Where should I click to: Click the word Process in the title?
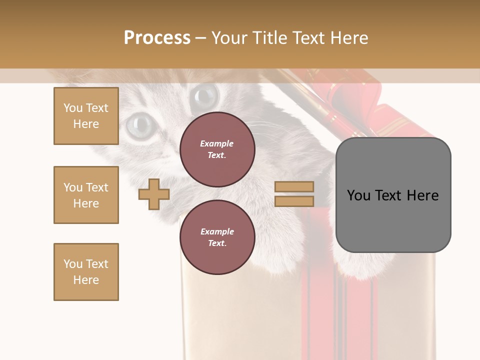click(x=157, y=38)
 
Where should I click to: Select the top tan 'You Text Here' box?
click(x=86, y=116)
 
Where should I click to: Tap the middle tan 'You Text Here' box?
click(x=86, y=195)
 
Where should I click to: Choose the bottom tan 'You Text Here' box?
click(x=86, y=272)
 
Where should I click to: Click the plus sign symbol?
click(x=154, y=194)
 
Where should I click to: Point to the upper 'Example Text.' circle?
click(x=217, y=149)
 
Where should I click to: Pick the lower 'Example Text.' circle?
click(x=217, y=237)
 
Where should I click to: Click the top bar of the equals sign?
click(x=294, y=186)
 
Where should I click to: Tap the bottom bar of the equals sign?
click(x=294, y=201)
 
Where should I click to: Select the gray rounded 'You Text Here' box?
click(x=393, y=195)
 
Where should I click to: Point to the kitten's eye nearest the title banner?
click(x=205, y=93)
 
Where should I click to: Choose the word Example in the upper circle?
click(x=217, y=144)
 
